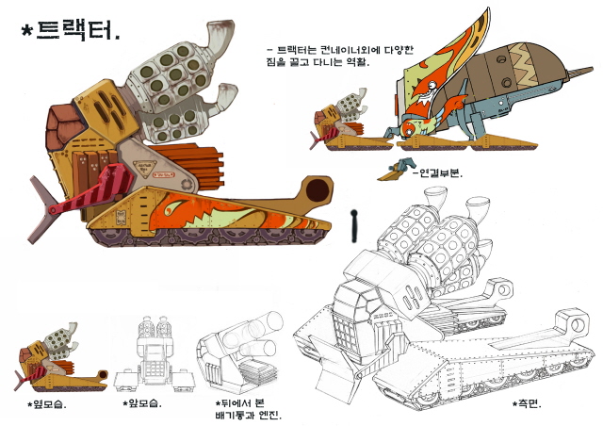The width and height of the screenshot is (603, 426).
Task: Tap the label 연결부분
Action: coord(437,173)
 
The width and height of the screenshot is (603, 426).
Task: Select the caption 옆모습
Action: coord(47,404)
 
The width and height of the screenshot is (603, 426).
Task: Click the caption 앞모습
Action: coord(142,403)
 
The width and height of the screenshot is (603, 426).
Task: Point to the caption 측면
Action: coord(527,403)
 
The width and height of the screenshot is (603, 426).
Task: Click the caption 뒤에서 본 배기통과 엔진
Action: coord(248,409)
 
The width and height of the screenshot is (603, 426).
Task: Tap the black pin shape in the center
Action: coord(354,226)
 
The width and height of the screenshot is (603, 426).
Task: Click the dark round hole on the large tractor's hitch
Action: coord(318,189)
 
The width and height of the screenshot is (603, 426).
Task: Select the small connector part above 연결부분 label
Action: coord(396,170)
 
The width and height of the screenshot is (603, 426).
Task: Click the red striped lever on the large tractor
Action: coord(93,190)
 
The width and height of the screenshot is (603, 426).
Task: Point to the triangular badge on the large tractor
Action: coord(144,169)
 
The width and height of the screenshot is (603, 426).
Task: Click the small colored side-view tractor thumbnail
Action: coord(60,357)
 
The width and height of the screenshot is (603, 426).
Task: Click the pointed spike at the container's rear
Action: coord(579,73)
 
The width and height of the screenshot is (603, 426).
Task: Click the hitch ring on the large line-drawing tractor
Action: coord(574,324)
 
